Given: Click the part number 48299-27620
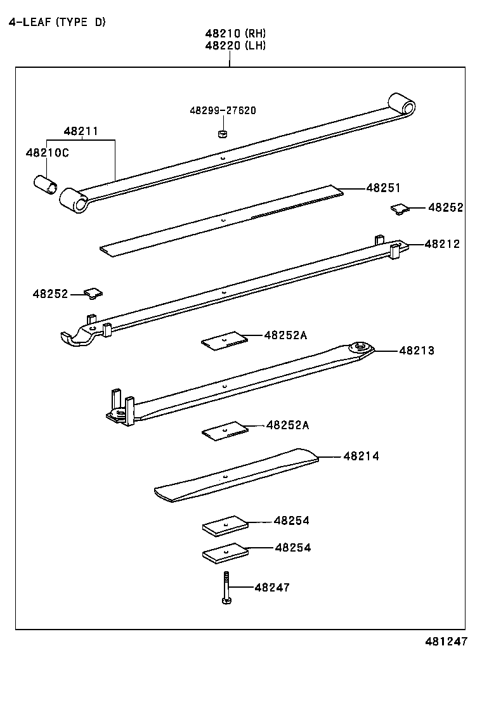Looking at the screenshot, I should [x=223, y=110].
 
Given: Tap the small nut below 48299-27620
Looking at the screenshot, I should [x=222, y=134].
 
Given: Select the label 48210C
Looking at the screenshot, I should [x=48, y=153].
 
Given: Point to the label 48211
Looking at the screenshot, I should [x=81, y=132].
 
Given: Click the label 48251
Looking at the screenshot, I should [x=383, y=188].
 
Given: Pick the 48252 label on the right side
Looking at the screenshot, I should [x=445, y=207].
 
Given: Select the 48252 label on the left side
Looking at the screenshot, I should [x=50, y=294].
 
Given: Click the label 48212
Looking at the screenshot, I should [x=442, y=244].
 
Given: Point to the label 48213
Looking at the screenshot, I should [x=417, y=351].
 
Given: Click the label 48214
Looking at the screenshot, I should [x=361, y=456].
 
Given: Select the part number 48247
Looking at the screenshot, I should [x=271, y=588].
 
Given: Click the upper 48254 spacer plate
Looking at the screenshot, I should [x=225, y=525].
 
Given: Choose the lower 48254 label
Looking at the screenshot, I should [x=292, y=547].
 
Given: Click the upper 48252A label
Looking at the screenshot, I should [x=285, y=335].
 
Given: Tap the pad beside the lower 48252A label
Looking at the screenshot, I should [x=224, y=431].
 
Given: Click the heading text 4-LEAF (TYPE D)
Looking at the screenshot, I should [x=57, y=22].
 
